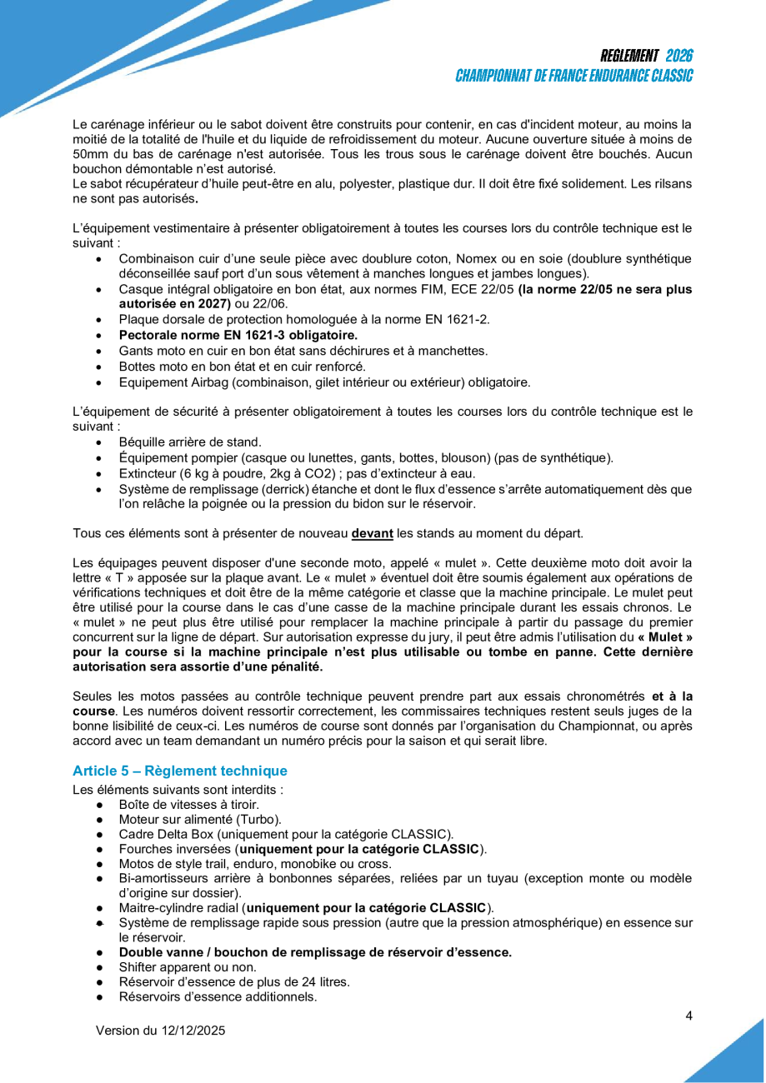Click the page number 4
tap(688, 1015)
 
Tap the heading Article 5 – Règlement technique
tap(179, 771)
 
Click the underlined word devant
tap(371, 532)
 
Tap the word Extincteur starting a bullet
tap(147, 473)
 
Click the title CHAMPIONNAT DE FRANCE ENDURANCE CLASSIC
tap(574, 76)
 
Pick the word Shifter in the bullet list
tap(140, 967)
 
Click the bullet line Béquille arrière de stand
tap(189, 442)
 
